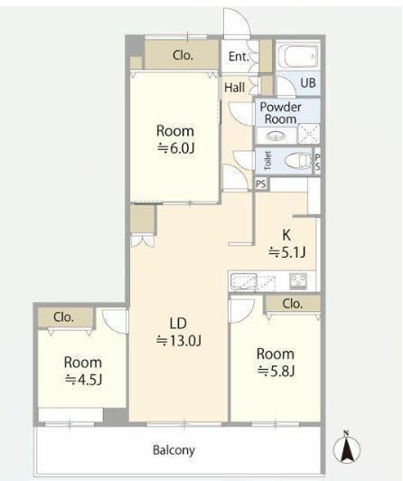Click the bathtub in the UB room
point(298,56)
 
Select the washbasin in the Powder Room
point(276,136)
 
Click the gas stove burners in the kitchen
point(298,281)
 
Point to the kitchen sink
point(244,281)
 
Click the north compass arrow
point(347,448)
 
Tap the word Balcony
point(173,450)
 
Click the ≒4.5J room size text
point(83,381)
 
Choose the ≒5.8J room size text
point(276,372)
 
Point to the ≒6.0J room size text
point(175,148)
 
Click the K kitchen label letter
point(286,235)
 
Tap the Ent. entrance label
point(239,56)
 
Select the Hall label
point(234,88)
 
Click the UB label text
point(308,83)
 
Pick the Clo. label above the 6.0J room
point(183,55)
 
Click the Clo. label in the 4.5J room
point(64,317)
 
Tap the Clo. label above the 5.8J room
point(293,304)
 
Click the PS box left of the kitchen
point(261,184)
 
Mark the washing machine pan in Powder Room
point(309,134)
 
